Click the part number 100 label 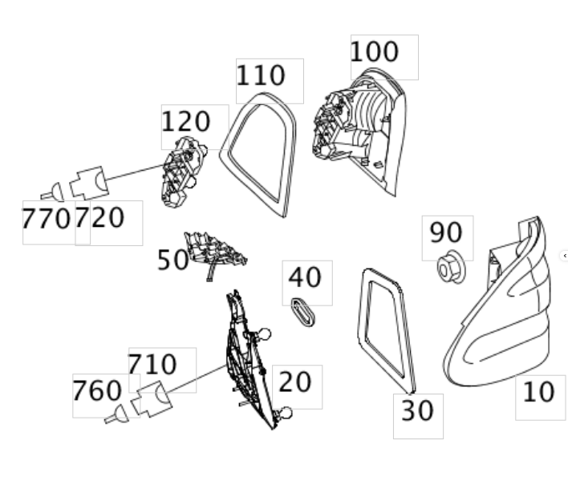pyautogui.click(x=375, y=52)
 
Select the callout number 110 pyautogui.click(x=261, y=76)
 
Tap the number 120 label pyautogui.click(x=186, y=123)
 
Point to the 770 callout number pyautogui.click(x=46, y=218)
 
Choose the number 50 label pyautogui.click(x=172, y=260)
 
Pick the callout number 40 pyautogui.click(x=305, y=277)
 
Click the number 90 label pyautogui.click(x=446, y=232)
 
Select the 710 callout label pyautogui.click(x=152, y=365)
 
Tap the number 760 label pyautogui.click(x=97, y=392)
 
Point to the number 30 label pyautogui.click(x=417, y=410)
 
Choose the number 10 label pyautogui.click(x=539, y=393)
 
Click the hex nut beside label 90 pyautogui.click(x=450, y=269)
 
